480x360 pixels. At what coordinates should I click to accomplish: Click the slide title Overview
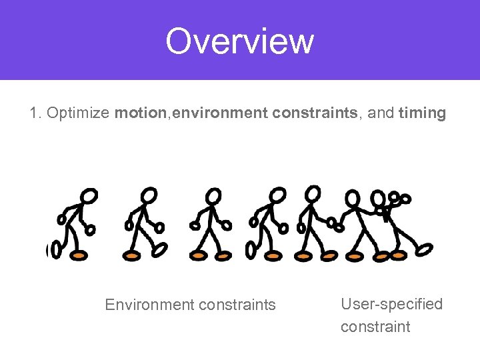pyautogui.click(x=239, y=41)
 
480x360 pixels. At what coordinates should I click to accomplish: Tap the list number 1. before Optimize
pyautogui.click(x=36, y=113)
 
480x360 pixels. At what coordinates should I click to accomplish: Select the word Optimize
pyautogui.click(x=78, y=113)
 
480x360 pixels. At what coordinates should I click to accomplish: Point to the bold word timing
pyautogui.click(x=422, y=113)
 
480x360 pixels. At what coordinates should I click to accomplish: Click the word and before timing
pyautogui.click(x=381, y=113)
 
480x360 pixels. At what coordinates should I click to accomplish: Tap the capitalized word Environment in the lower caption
pyautogui.click(x=145, y=305)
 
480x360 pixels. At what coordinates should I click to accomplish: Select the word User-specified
pyautogui.click(x=391, y=304)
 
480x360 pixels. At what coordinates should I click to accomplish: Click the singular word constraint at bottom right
pyautogui.click(x=375, y=327)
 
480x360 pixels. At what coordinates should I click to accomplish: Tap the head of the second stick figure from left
pyautogui.click(x=151, y=195)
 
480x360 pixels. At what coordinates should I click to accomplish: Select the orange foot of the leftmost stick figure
pyautogui.click(x=79, y=255)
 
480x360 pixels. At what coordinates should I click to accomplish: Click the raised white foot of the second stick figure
pyautogui.click(x=159, y=249)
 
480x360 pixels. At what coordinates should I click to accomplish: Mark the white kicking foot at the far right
pyautogui.click(x=424, y=249)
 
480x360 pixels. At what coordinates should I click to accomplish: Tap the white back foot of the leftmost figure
pyautogui.click(x=56, y=250)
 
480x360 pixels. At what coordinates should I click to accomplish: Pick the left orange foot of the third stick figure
pyautogui.click(x=199, y=255)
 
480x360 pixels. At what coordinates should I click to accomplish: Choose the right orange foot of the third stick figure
pyautogui.click(x=223, y=255)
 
